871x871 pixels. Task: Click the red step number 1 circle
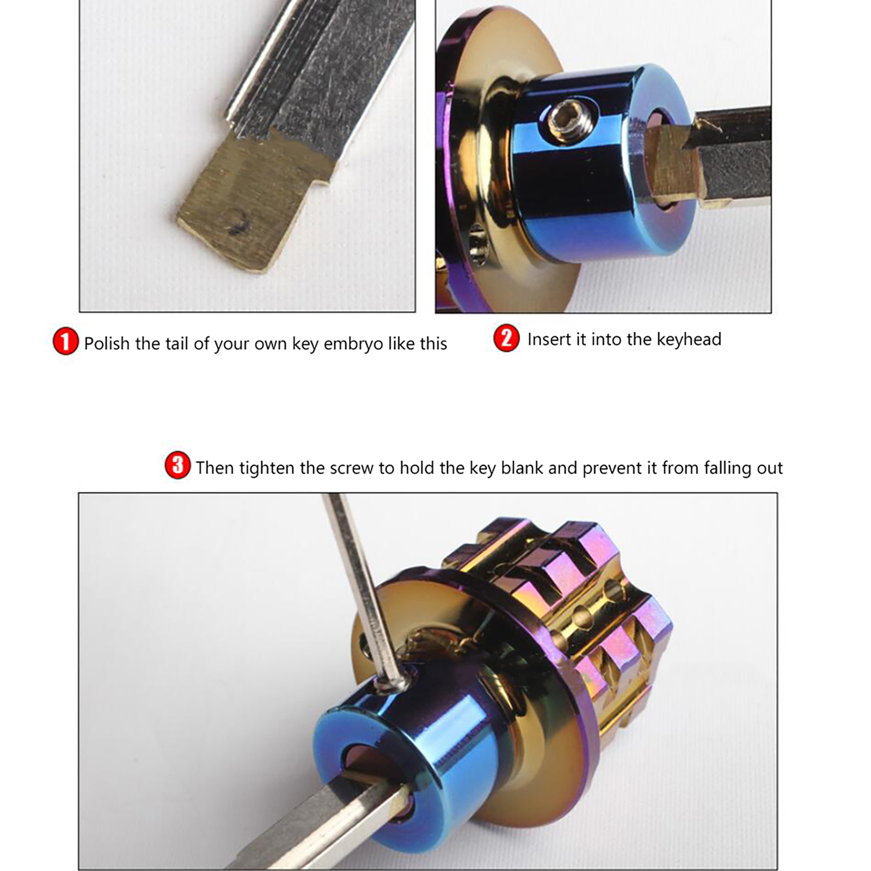tap(65, 341)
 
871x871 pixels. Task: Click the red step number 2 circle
tap(506, 338)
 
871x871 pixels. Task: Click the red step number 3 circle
tap(177, 465)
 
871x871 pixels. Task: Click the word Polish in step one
tap(107, 344)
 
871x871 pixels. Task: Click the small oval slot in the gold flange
tap(477, 248)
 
